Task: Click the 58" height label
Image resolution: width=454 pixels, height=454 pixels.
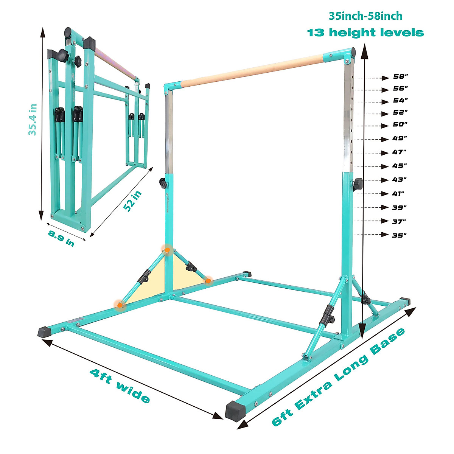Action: point(400,77)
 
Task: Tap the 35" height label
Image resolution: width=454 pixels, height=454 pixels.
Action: point(399,235)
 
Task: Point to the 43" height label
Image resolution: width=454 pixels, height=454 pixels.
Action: point(400,180)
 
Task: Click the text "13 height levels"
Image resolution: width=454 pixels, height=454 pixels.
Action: point(365,33)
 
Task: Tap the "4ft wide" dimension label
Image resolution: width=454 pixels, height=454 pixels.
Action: point(120,386)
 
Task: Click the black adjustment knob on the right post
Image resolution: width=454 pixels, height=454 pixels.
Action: point(358,184)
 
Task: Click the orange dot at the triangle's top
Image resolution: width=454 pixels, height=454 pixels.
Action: point(167,250)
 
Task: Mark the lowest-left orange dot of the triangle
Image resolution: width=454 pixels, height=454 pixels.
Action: point(120,305)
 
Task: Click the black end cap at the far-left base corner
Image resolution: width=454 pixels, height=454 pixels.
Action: point(45,332)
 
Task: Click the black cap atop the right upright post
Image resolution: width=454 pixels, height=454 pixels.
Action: point(352,52)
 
